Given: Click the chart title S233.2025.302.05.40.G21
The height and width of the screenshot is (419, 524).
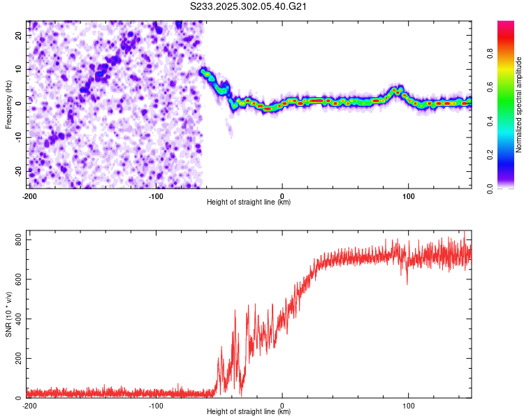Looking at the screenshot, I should click(x=249, y=7).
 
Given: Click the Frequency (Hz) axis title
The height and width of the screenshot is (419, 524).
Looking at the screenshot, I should click(x=9, y=104).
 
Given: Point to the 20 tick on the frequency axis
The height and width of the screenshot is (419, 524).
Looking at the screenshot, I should click(x=20, y=35).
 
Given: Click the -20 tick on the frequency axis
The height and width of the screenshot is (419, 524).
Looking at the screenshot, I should click(x=19, y=171).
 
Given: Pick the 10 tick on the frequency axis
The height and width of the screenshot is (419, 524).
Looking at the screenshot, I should click(x=20, y=69).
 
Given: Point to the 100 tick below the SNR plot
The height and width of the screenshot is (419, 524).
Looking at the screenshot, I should click(x=409, y=406).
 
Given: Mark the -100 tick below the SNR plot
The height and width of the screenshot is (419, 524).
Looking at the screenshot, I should click(x=156, y=406).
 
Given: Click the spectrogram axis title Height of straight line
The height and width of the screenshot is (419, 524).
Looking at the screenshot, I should click(x=249, y=203).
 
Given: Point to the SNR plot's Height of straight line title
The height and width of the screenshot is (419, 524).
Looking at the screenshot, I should click(x=249, y=412).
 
